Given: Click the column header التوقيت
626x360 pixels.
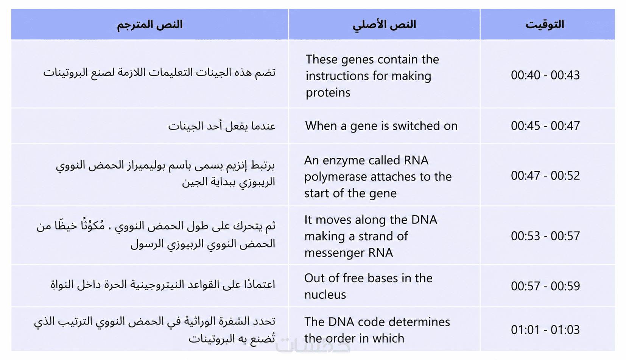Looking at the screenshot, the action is (545, 25).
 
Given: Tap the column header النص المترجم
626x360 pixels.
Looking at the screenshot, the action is (149, 25).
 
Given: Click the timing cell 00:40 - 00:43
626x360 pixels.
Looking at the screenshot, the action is (545, 75).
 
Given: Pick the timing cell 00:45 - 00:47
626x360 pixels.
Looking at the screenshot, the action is (545, 126).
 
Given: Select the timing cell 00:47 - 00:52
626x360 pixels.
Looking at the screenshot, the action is (545, 176).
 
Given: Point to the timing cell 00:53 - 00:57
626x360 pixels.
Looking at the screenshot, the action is (545, 236).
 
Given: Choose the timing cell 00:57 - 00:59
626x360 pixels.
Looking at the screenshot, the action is (545, 286).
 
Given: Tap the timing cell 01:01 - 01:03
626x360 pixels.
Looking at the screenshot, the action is (545, 330).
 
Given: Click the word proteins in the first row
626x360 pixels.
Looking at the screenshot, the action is (328, 93).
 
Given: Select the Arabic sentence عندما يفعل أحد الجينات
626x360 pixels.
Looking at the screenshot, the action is (222, 126).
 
